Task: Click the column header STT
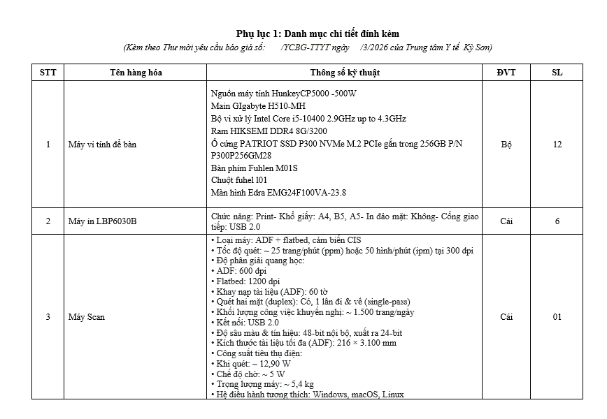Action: coord(48,73)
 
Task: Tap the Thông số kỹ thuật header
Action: coord(345,73)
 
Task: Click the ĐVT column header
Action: coord(506,73)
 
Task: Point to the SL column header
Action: coord(557,73)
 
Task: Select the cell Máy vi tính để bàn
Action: coord(100,145)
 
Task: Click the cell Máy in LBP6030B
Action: coord(102,221)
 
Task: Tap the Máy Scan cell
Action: coord(86,317)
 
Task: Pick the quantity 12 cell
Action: coord(557,145)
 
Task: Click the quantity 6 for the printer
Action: coord(557,221)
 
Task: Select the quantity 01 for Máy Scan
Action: coord(557,317)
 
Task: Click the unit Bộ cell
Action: coord(506,145)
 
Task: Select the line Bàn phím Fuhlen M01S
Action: coord(254,168)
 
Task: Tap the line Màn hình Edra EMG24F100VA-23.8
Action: coord(278,193)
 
